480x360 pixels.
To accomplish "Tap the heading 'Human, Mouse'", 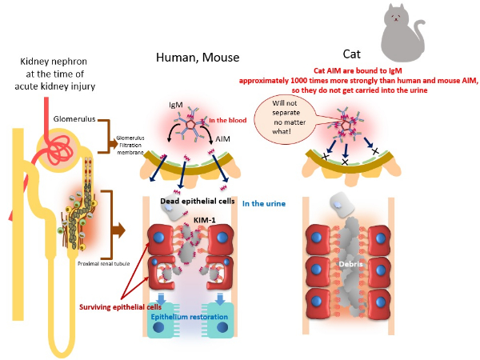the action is click(198, 58).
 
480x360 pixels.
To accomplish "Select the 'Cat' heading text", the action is click(351, 54).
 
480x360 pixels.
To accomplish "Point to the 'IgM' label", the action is click(176, 105).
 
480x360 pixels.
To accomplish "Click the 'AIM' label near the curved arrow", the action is click(222, 139).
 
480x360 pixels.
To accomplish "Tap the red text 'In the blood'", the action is click(228, 120).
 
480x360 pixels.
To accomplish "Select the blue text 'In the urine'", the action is click(264, 203).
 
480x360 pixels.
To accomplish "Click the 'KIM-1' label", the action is click(205, 220).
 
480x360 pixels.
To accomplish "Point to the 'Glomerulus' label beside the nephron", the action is click(74, 118).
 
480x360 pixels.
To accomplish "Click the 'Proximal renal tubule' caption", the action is click(104, 263).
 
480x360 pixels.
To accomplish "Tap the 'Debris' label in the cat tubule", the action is click(351, 264).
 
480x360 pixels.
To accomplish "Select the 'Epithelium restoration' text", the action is click(189, 317).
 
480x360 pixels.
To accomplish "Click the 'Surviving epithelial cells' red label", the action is click(120, 307).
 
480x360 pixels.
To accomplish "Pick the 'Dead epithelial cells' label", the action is click(198, 201).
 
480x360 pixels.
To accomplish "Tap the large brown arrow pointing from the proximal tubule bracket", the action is click(118, 230).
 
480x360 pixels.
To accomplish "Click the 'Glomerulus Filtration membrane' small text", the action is click(130, 145).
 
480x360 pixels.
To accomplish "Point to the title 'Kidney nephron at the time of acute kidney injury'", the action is click(54, 74).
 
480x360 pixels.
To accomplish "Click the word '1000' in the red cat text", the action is click(298, 81).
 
